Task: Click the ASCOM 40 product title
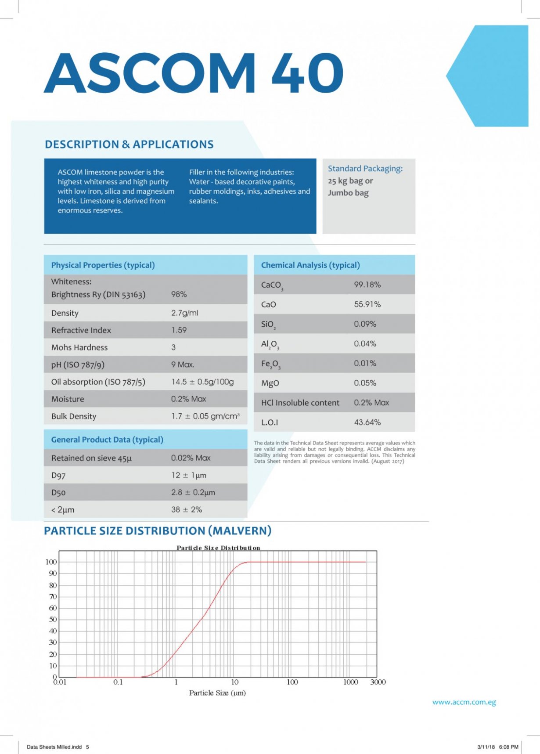193,73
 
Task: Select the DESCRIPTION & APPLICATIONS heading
129,144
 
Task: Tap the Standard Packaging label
365,169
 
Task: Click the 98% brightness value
179,294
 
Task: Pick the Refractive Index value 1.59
179,330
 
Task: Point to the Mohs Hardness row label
79,347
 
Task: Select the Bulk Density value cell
205,416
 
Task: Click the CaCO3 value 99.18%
367,285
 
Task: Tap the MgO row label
270,383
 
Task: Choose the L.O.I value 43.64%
367,422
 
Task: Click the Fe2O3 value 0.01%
365,363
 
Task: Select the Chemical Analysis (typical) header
310,265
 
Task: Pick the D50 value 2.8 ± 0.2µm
193,493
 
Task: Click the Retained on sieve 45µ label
91,458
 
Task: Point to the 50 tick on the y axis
53,620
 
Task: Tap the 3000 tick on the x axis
378,682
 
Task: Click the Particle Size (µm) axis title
217,693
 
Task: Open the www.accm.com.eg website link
464,702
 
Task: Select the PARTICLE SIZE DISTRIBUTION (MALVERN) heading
158,531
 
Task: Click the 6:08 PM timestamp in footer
508,747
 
